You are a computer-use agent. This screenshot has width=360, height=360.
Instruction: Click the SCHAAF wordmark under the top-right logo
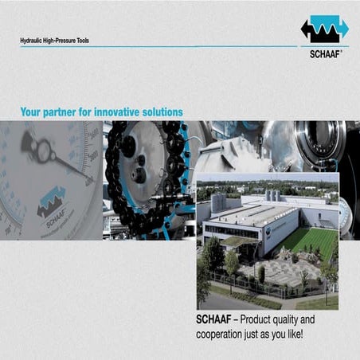(x=324, y=56)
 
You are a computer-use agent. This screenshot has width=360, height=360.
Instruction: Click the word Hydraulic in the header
(x=32, y=39)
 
